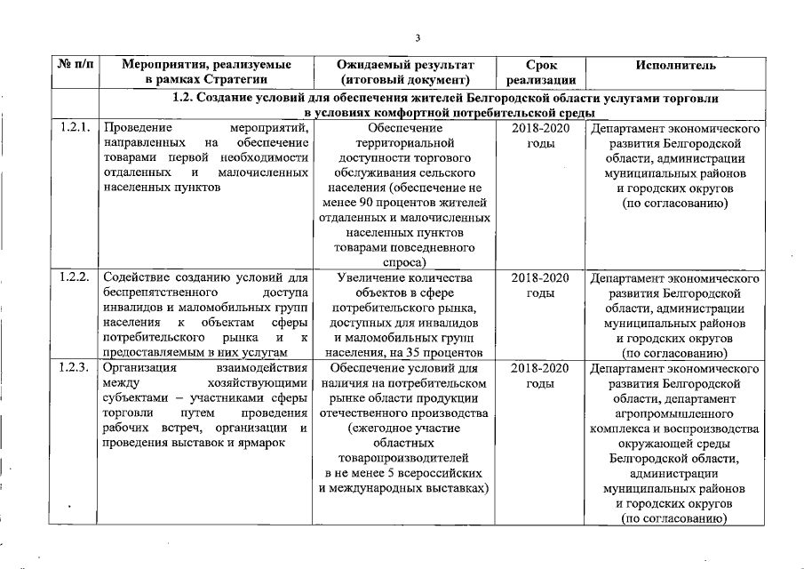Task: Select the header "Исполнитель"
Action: (675, 66)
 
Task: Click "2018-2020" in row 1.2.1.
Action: (540, 129)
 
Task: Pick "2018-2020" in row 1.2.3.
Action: (540, 367)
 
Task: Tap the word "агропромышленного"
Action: (674, 413)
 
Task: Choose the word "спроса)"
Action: (404, 263)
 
